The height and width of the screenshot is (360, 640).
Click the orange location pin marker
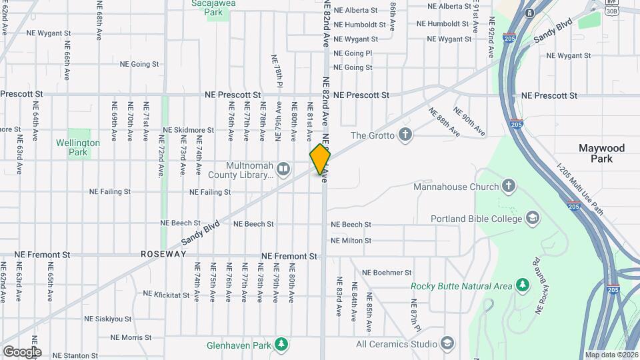click(320, 159)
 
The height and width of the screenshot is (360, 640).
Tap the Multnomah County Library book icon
click(283, 169)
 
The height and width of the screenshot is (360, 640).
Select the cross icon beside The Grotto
click(405, 135)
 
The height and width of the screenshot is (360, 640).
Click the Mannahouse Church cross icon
click(509, 186)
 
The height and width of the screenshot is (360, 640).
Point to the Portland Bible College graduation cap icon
click(533, 218)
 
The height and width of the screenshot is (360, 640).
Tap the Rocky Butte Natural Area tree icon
click(523, 286)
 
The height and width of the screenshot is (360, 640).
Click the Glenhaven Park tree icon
click(282, 344)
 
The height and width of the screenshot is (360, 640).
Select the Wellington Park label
click(78, 147)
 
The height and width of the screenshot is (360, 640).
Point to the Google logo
click(22, 351)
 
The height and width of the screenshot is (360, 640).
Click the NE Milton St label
click(360, 241)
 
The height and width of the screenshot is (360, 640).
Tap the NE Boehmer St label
click(386, 273)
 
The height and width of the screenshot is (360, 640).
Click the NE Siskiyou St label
click(102, 319)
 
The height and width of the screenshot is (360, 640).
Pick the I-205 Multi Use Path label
click(581, 190)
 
